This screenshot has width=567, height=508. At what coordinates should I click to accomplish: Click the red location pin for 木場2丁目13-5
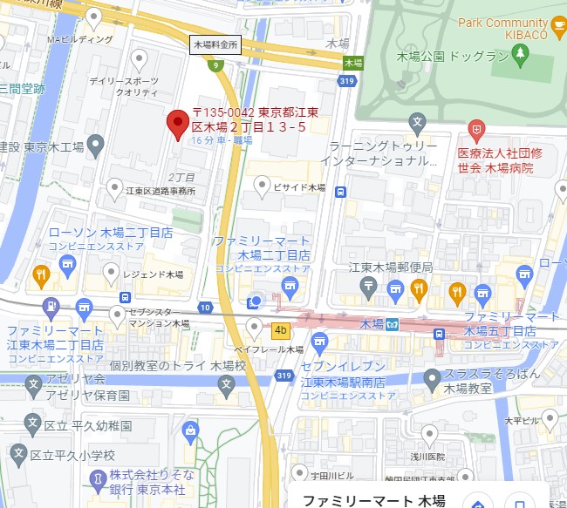(x=178, y=122)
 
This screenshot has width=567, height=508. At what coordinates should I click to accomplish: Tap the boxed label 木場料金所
(x=215, y=44)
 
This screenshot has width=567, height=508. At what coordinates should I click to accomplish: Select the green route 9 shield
(x=215, y=64)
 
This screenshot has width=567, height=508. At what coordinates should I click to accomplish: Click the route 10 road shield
(x=204, y=307)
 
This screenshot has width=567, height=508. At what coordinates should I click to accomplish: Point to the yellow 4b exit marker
(x=280, y=330)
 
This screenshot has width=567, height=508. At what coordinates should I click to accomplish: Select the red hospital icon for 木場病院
(x=475, y=132)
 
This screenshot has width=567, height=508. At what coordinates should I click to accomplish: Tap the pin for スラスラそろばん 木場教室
(x=431, y=378)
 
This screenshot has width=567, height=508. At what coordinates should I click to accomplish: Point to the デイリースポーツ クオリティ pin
(x=138, y=58)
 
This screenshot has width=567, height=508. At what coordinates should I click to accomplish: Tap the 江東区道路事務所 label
(x=160, y=192)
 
